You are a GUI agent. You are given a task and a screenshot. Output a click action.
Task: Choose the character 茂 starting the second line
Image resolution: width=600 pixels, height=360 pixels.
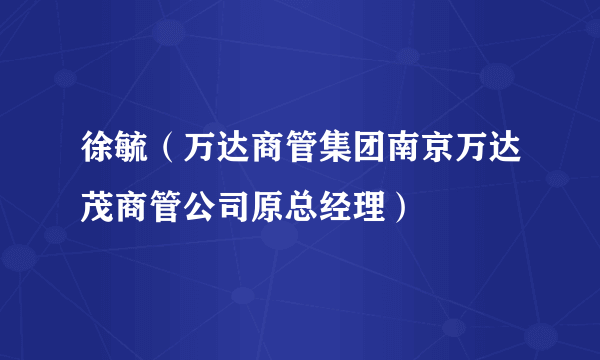pyautogui.click(x=85, y=207)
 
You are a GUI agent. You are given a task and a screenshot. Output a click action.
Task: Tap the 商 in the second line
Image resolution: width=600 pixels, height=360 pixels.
pyautogui.click(x=118, y=207)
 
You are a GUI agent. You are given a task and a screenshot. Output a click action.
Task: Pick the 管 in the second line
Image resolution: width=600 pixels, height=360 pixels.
pyautogui.click(x=152, y=207)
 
